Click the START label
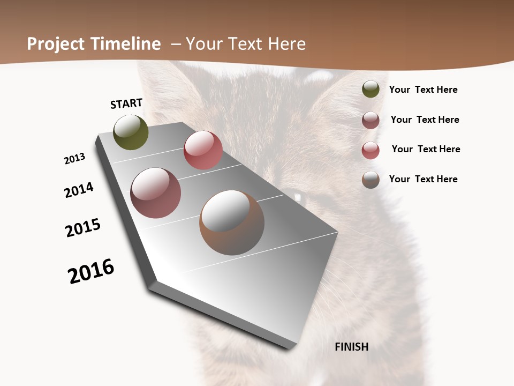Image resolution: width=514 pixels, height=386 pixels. [126, 103]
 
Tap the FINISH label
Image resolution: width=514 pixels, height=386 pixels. [351, 347]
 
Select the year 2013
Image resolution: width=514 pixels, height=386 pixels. [74, 159]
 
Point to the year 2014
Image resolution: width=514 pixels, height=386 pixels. [79, 190]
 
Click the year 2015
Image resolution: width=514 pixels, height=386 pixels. [83, 228]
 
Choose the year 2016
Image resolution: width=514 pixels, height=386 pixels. [91, 271]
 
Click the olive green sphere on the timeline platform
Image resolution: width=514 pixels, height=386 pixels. [131, 132]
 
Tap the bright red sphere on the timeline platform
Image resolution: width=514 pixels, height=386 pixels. [203, 150]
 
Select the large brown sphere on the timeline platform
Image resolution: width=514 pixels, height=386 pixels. [232, 222]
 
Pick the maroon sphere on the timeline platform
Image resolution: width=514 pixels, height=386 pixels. [155, 193]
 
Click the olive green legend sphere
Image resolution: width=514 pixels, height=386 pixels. [371, 90]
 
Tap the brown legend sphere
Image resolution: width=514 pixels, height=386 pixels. [371, 180]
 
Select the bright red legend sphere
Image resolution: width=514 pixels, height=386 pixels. [371, 150]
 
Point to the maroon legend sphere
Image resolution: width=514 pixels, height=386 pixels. [371, 120]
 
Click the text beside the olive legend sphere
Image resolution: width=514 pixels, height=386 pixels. [423, 90]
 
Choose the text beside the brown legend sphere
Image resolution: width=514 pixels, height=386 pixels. [423, 179]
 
